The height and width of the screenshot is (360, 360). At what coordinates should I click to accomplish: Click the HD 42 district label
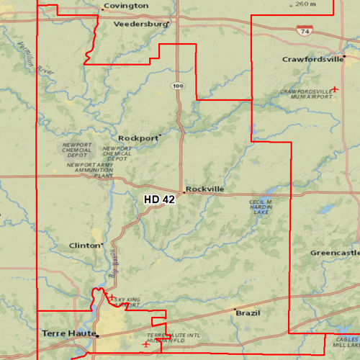pos(159,199)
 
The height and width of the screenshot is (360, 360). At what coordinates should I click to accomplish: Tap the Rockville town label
pos(205,189)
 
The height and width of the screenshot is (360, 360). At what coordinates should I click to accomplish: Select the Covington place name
pos(126,6)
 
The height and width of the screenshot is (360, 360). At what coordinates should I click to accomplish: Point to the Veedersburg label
pos(140,24)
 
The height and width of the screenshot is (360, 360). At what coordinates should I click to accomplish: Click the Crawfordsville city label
pos(312,59)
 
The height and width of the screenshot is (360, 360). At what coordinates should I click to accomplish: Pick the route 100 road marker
pos(177,86)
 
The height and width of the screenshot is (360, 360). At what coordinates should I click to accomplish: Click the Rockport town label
pos(138,138)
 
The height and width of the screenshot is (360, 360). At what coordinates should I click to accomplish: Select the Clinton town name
pos(84,246)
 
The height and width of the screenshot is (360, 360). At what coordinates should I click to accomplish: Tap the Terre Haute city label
pos(68,333)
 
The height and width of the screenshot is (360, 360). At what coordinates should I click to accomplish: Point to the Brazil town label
pos(248,314)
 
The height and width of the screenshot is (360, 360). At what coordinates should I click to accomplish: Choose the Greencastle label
pos(334,253)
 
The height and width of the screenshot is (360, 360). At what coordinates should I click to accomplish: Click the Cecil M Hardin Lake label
pos(261,206)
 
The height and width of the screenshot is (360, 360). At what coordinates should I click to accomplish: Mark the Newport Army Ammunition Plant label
pos(90,170)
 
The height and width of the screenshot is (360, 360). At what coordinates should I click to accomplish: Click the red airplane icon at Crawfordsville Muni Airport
pos(335,89)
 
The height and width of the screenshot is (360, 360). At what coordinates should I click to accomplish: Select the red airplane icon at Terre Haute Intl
pos(147,344)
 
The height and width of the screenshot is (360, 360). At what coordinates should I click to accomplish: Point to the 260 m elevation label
pos(305,4)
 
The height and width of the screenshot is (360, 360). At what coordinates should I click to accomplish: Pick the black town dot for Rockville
pos(184,192)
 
